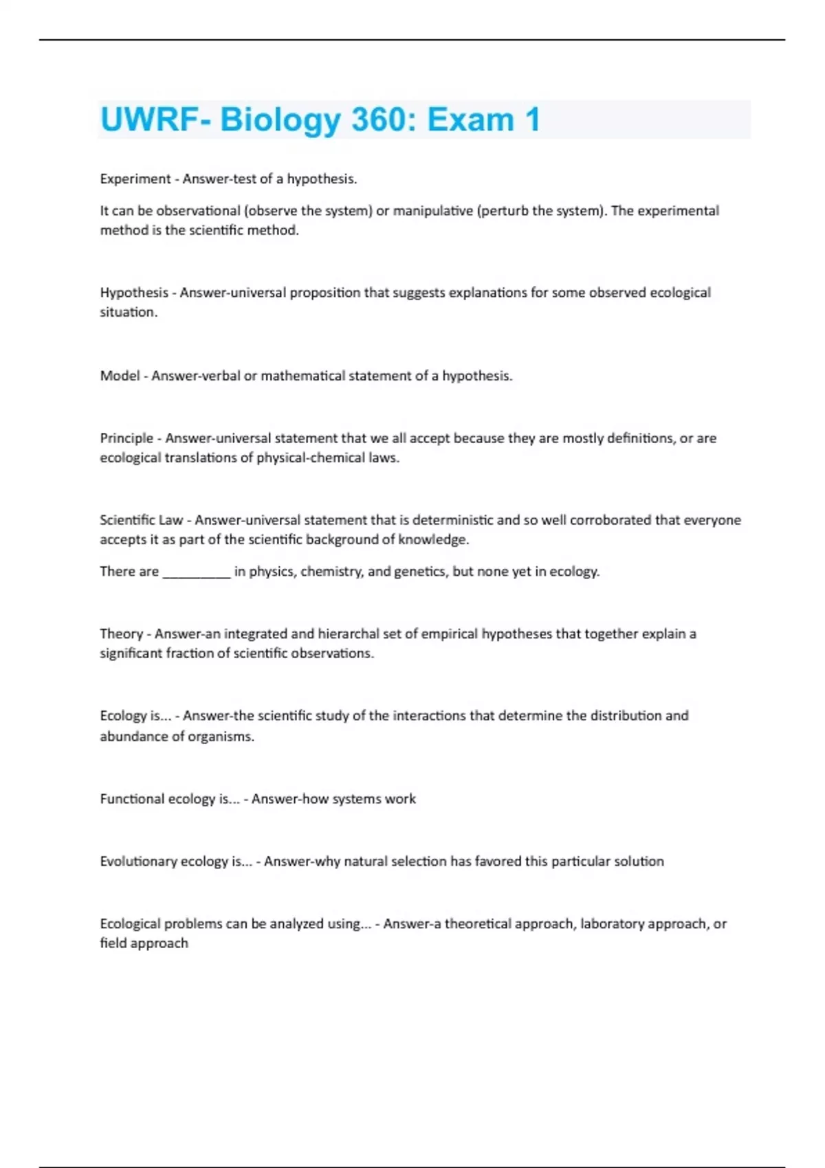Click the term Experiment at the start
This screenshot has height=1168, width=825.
pos(135,179)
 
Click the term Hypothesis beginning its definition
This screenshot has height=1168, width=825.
pos(134,293)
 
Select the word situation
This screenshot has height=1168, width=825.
pos(128,312)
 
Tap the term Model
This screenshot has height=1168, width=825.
pos(120,376)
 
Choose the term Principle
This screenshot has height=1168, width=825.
pos(126,438)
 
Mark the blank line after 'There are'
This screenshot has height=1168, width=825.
pos(197,572)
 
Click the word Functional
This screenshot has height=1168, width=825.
pos(132,799)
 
